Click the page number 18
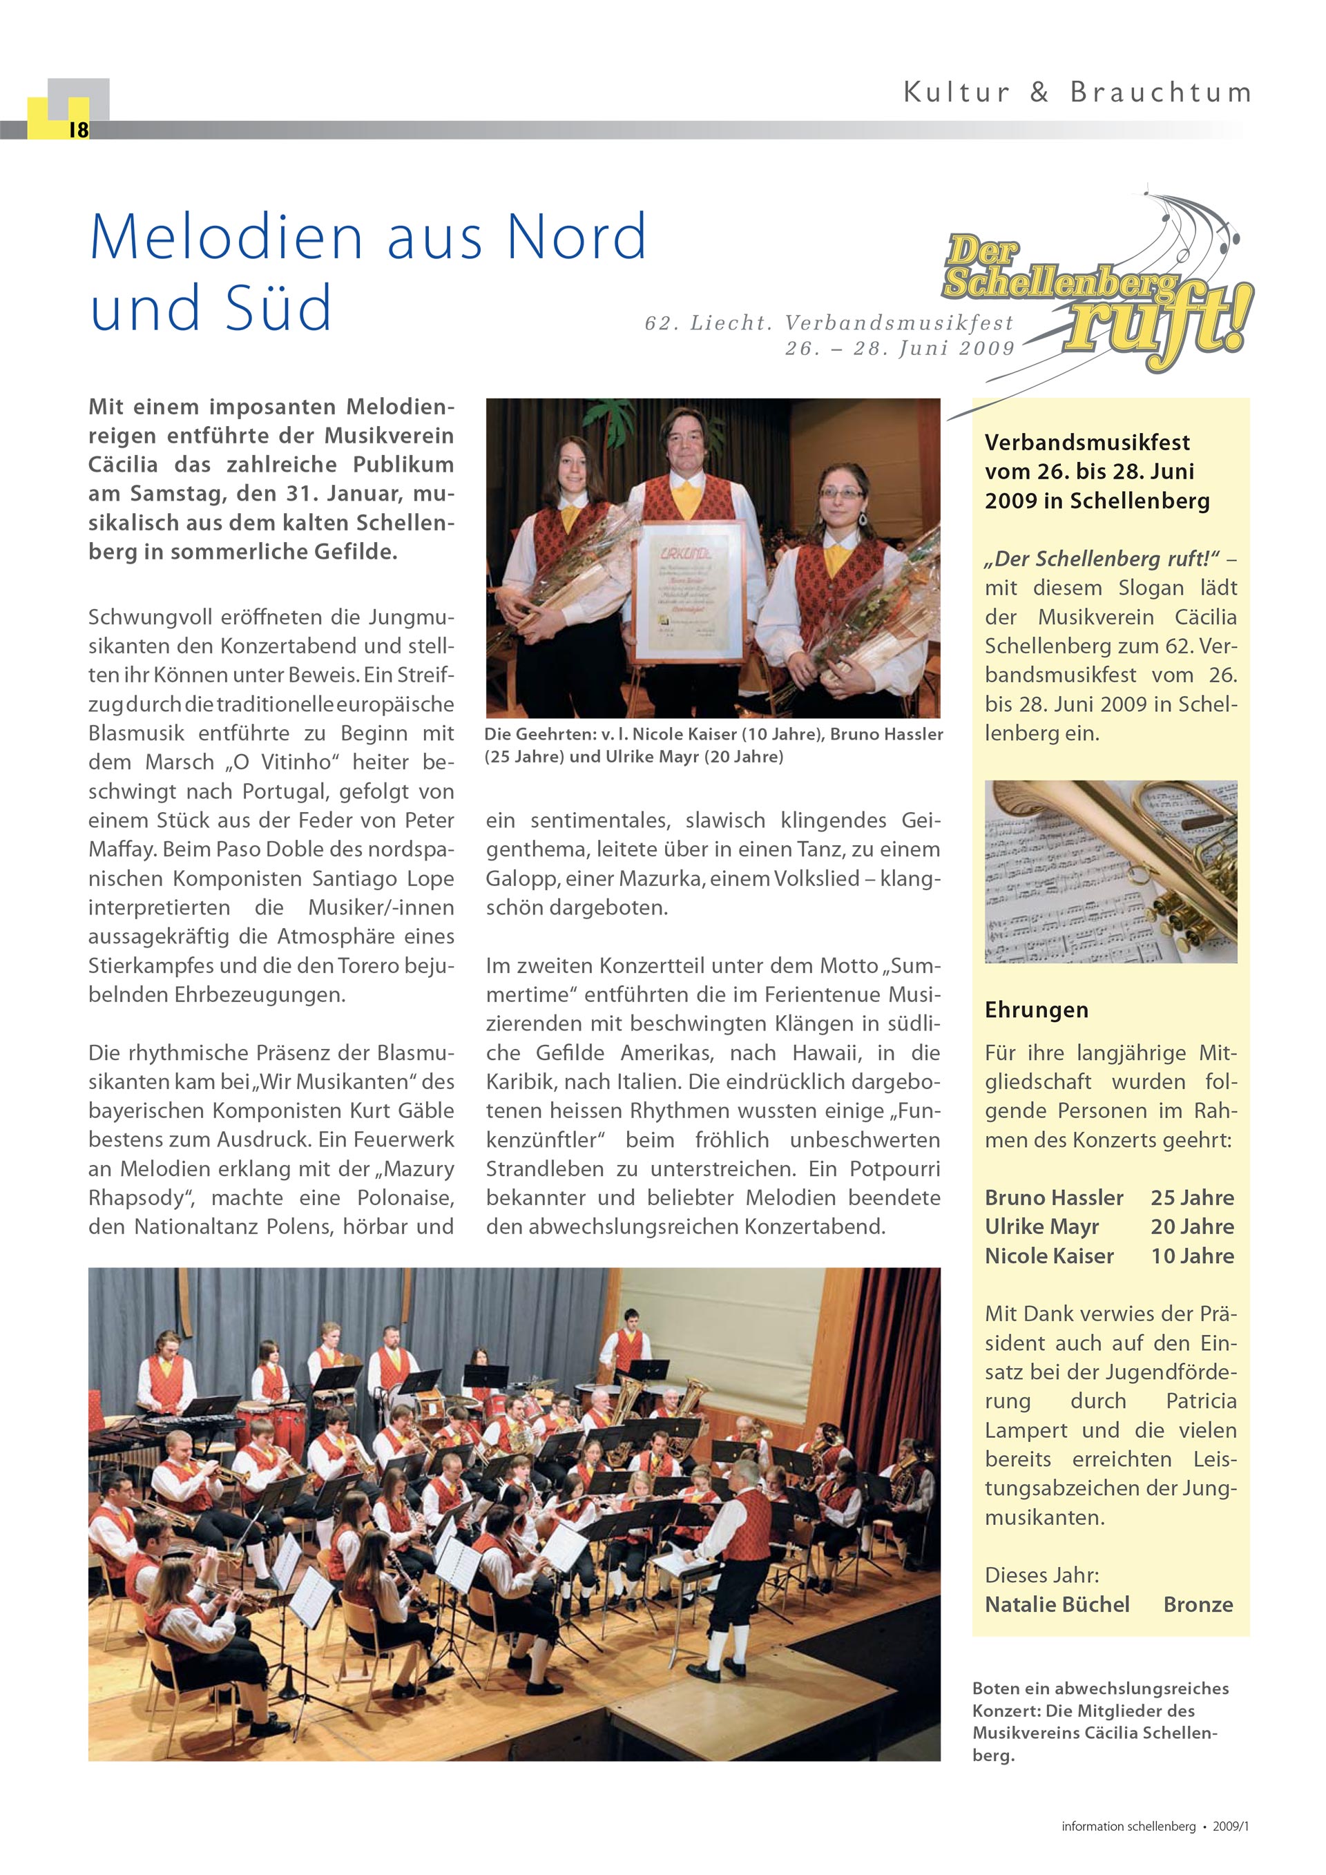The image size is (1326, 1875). (78, 130)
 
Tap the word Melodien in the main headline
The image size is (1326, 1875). (226, 237)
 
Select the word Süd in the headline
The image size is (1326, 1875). (278, 308)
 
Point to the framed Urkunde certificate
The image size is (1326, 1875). (689, 590)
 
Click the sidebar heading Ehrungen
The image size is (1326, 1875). (1036, 1010)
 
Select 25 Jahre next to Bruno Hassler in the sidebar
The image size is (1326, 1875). (1192, 1198)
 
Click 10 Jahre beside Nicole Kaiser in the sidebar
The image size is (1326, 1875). (1192, 1256)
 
